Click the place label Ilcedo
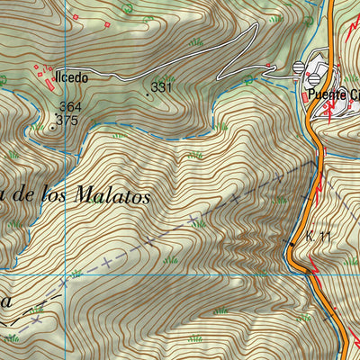pyautogui.click(x=71, y=78)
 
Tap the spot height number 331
pyautogui.click(x=161, y=87)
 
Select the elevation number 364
pyautogui.click(x=68, y=107)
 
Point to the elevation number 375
pyautogui.click(x=68, y=120)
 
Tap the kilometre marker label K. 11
pyautogui.click(x=319, y=236)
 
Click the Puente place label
pyautogui.click(x=326, y=93)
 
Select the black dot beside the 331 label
pyautogui.click(x=148, y=93)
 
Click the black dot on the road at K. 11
pyautogui.click(x=292, y=243)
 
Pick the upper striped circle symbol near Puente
pyautogui.click(x=300, y=67)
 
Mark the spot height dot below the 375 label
pyautogui.click(x=53, y=128)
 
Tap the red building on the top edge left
pyautogui.click(x=78, y=17)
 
